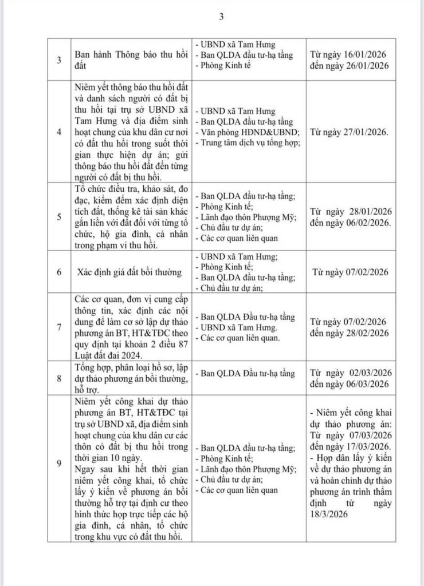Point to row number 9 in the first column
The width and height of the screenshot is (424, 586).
click(59, 464)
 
